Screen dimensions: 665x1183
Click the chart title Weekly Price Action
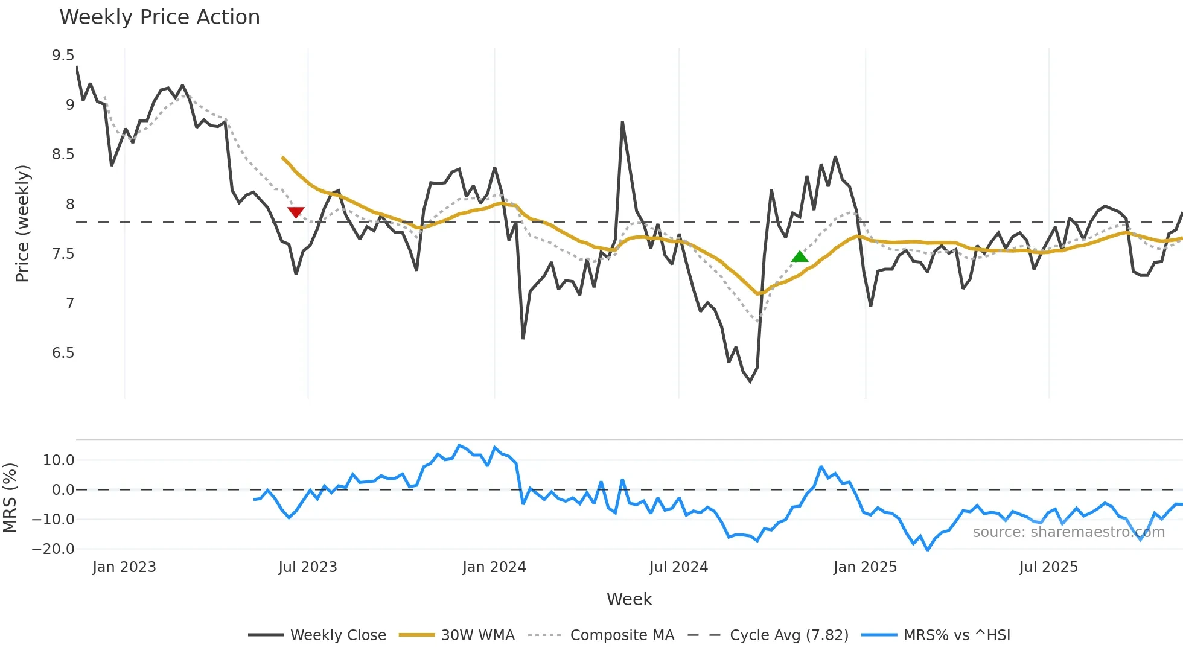tap(159, 17)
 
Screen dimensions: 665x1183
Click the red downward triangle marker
tap(296, 212)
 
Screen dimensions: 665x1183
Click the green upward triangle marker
tap(800, 256)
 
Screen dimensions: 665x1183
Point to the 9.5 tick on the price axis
tap(63, 56)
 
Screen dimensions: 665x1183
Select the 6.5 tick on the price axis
tap(63, 352)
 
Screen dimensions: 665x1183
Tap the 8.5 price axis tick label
tap(63, 154)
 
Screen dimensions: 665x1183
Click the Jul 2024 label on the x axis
tap(678, 567)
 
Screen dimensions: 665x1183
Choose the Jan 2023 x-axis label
tap(124, 567)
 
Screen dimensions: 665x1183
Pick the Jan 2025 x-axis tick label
tap(865, 567)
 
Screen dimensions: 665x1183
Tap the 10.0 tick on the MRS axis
tap(58, 460)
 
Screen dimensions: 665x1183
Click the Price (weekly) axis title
tap(22, 223)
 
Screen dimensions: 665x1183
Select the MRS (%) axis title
tap(10, 498)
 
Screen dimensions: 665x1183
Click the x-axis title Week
tap(629, 599)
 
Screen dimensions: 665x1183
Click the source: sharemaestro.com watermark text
tap(1068, 532)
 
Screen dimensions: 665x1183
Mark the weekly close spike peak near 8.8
tap(622, 122)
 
